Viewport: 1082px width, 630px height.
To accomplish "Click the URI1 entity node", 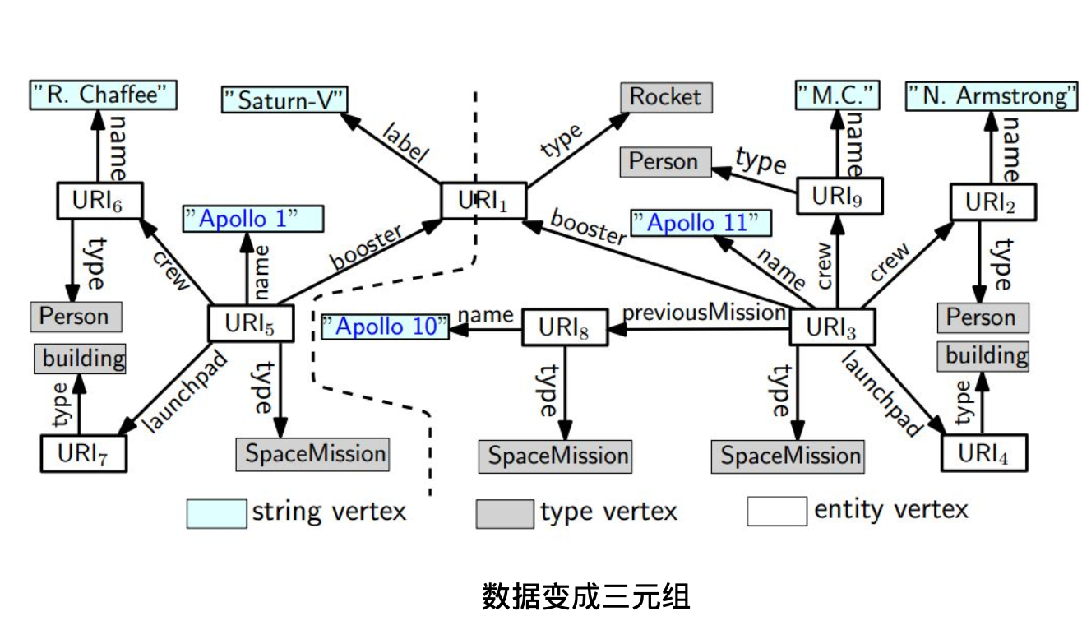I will [x=483, y=201].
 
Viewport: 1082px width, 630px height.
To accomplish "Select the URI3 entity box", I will [x=832, y=327].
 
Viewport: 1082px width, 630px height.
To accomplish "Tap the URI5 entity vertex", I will [x=248, y=323].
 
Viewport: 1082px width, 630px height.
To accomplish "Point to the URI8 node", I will [x=564, y=327].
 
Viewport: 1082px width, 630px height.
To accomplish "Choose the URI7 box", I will [x=83, y=453].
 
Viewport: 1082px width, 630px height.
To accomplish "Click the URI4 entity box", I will [x=983, y=452].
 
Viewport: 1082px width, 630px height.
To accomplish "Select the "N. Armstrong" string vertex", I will [x=992, y=96].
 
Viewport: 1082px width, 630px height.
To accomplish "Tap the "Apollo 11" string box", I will [x=701, y=223].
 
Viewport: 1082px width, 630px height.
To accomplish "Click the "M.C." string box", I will [x=837, y=95].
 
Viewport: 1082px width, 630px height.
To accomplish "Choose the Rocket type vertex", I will [x=666, y=97].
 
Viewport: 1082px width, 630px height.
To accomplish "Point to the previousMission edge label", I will [x=704, y=313].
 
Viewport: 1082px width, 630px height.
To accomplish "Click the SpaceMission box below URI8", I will [x=555, y=456].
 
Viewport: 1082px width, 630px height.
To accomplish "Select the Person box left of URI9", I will [x=664, y=162].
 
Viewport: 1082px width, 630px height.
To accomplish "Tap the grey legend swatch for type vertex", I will [x=504, y=513].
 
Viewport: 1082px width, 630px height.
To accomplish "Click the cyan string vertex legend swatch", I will [x=216, y=512].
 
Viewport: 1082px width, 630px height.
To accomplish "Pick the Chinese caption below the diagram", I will [x=585, y=596].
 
